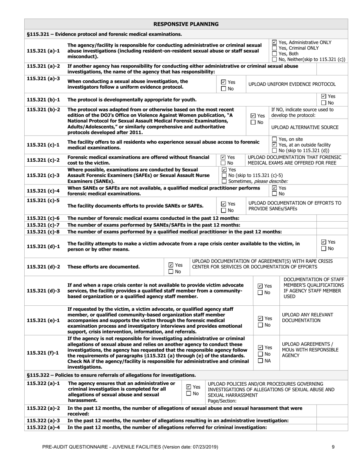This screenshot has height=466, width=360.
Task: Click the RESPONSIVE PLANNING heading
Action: pyautogui.click(x=186, y=24)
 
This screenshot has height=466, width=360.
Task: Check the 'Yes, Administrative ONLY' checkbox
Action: pyautogui.click(x=275, y=42)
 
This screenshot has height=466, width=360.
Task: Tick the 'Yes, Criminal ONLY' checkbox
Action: pyautogui.click(x=275, y=48)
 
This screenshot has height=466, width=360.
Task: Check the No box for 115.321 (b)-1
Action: pyautogui.click(x=323, y=103)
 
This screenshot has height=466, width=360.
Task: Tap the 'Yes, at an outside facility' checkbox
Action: pyautogui.click(x=275, y=145)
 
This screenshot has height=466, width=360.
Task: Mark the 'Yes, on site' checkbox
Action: pyautogui.click(x=275, y=139)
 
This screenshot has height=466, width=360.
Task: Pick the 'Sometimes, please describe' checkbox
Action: pyautogui.click(x=224, y=181)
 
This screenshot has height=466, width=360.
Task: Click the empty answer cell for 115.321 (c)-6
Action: pyautogui.click(x=332, y=218)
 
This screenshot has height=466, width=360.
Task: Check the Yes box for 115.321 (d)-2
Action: pyautogui.click(x=171, y=265)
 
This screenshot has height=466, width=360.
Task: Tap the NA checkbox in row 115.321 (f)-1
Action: pyautogui.click(x=260, y=361)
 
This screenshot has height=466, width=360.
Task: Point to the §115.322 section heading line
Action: pyautogui.click(x=111, y=375)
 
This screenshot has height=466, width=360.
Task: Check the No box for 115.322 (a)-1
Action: pyautogui.click(x=189, y=394)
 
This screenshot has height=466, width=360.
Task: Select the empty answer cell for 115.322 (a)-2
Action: pyautogui.click(x=332, y=411)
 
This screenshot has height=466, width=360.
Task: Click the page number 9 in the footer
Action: pyautogui.click(x=333, y=447)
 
